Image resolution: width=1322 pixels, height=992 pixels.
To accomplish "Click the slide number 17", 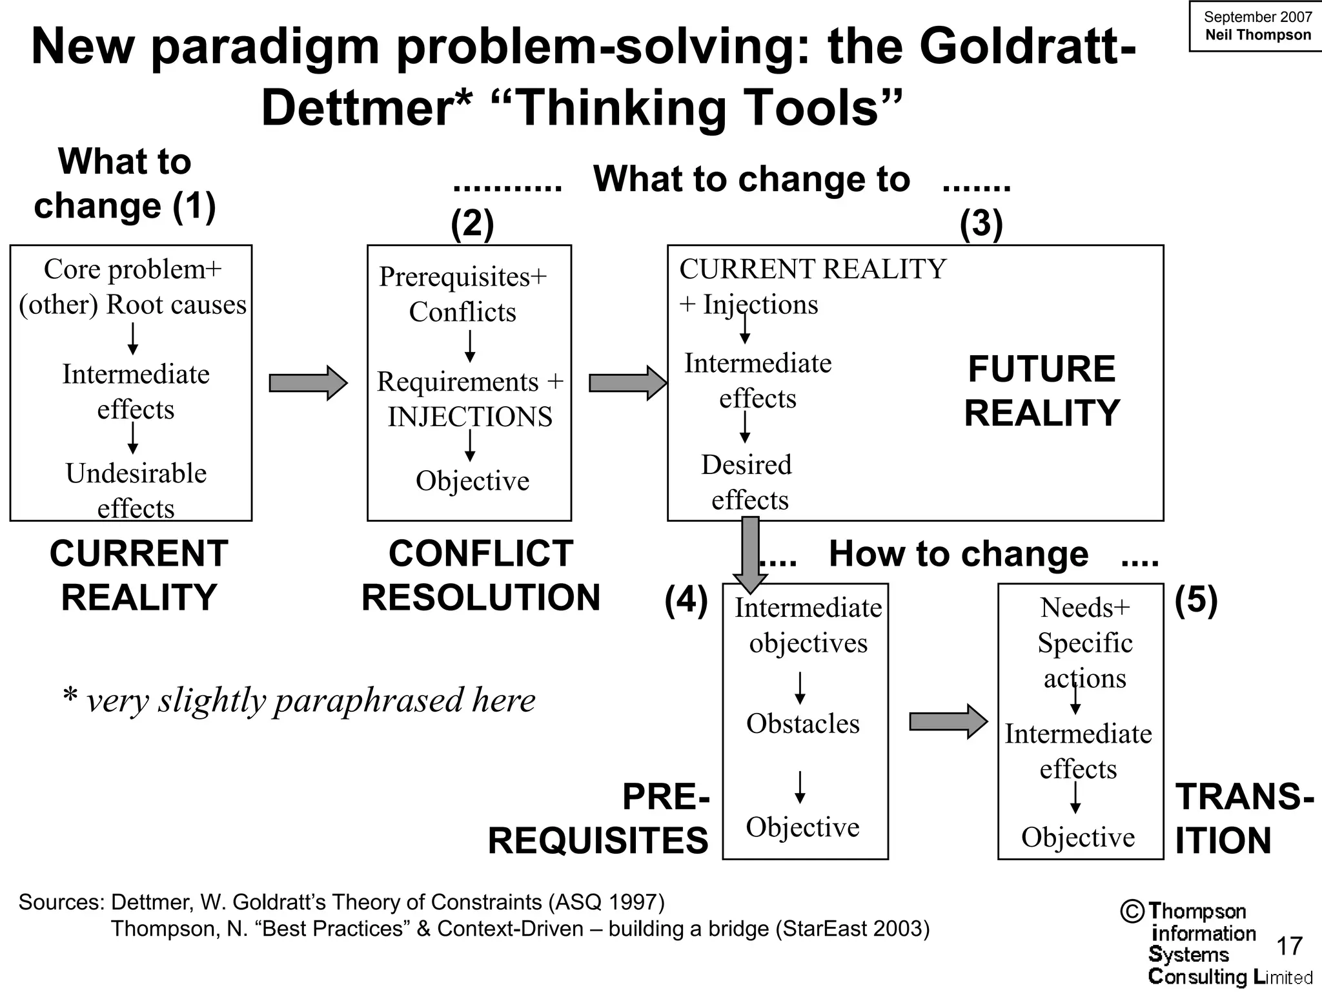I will (x=1289, y=946).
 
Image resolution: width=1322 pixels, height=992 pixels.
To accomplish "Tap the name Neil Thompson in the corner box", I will (x=1258, y=35).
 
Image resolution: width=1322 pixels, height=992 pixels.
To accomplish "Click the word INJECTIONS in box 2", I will (x=470, y=417).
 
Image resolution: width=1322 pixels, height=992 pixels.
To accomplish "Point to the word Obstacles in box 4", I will (x=802, y=723).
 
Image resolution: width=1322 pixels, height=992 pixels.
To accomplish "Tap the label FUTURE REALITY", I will (x=1041, y=391).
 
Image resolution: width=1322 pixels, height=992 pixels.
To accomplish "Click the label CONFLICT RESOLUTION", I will (x=480, y=575).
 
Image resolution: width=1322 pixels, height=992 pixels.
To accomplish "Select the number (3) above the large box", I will (x=981, y=223).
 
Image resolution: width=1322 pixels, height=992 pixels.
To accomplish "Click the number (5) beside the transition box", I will (x=1195, y=600).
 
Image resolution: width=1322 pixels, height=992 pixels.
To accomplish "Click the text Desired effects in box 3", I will (x=747, y=482).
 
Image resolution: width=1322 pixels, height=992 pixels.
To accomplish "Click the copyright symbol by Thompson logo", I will (x=1132, y=911).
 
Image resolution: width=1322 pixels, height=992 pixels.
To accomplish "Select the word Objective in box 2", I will (x=473, y=480).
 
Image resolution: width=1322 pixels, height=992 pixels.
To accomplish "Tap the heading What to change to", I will (x=751, y=179).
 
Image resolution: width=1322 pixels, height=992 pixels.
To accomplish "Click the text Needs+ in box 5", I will (x=1085, y=607).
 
